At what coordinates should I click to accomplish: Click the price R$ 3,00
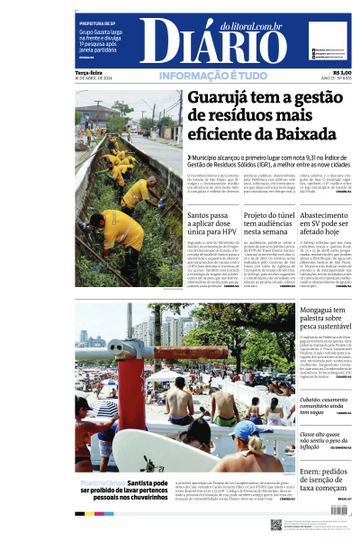[342, 73]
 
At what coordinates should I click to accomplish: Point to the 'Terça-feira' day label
[89, 73]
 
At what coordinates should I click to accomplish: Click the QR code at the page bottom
[276, 524]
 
